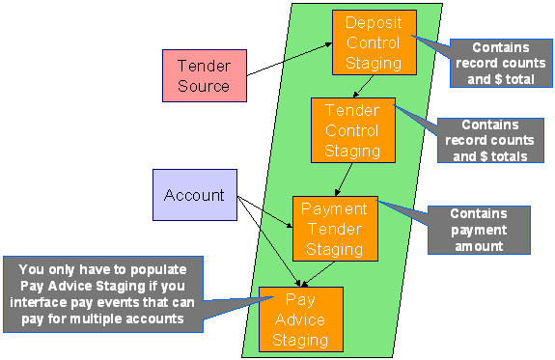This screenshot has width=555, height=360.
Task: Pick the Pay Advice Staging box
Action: (x=300, y=318)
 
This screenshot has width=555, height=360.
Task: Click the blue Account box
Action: (x=194, y=196)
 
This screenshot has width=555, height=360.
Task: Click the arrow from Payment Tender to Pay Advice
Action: (x=309, y=271)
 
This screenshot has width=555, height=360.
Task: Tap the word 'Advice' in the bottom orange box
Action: (x=300, y=319)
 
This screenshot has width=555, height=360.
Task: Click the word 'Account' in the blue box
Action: (x=194, y=196)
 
